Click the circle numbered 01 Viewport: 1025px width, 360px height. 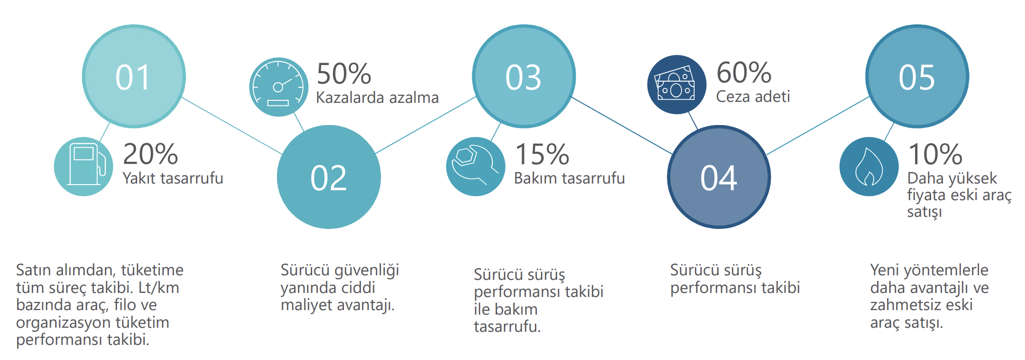[x=134, y=76]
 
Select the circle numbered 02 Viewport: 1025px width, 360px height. [x=329, y=177]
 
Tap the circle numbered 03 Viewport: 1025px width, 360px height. [x=524, y=76]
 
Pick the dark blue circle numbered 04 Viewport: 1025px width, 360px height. [x=719, y=177]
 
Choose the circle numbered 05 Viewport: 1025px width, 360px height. [x=917, y=76]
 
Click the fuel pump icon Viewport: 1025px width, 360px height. [x=84, y=166]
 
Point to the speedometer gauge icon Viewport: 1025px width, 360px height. [x=278, y=87]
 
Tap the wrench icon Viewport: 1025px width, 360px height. [x=476, y=166]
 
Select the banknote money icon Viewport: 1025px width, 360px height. [x=676, y=85]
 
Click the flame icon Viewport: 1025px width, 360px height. [x=869, y=166]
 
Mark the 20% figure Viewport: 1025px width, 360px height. [x=150, y=154]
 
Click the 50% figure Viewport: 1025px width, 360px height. [x=344, y=74]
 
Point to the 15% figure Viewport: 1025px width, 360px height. [x=542, y=154]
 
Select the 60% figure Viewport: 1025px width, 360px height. [x=744, y=73]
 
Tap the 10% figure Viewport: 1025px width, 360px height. [x=935, y=154]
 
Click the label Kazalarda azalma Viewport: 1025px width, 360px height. [x=377, y=97]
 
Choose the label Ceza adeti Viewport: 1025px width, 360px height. [x=753, y=96]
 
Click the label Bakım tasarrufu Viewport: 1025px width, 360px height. [x=570, y=178]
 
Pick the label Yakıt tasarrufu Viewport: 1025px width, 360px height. [x=173, y=178]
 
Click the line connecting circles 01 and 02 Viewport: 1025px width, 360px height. [x=232, y=126]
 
